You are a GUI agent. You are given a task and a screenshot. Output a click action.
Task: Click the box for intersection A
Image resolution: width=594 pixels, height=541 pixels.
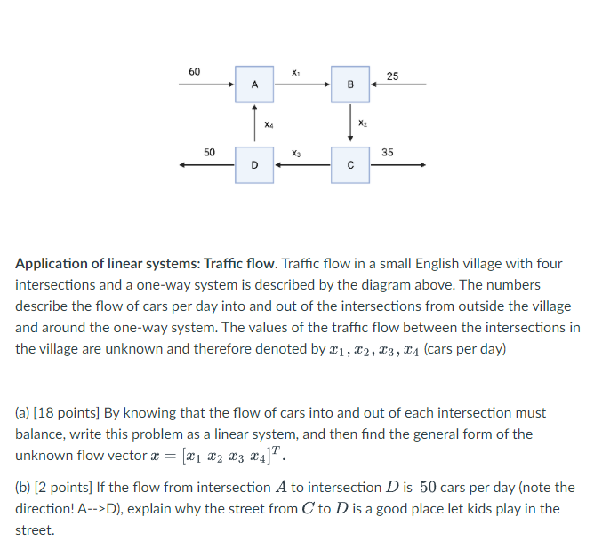(254, 84)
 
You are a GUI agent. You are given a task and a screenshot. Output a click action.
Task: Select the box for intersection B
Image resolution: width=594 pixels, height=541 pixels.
(350, 84)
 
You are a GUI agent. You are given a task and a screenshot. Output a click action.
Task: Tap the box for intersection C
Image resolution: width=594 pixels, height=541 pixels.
(350, 165)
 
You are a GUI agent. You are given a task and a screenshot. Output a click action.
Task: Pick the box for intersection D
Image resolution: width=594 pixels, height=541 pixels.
(254, 165)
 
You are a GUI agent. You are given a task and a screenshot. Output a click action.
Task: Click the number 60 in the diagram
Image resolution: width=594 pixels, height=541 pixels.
(195, 70)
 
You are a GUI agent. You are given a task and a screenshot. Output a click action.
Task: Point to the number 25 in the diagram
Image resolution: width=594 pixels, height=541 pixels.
(392, 76)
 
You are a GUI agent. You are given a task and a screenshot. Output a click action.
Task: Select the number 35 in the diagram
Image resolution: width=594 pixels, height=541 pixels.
(388, 153)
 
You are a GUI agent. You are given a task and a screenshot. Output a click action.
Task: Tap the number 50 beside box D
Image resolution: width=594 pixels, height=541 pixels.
(209, 153)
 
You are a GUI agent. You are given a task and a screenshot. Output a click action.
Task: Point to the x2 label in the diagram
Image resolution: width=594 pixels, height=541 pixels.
(362, 123)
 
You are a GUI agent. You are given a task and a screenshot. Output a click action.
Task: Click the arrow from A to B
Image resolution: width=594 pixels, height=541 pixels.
(302, 84)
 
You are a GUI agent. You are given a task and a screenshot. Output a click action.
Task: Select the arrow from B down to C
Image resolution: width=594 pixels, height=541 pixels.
(350, 124)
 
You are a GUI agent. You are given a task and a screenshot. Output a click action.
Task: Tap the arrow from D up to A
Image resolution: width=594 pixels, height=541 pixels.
(254, 124)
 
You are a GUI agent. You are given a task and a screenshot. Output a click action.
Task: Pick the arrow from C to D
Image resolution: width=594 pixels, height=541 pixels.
(302, 165)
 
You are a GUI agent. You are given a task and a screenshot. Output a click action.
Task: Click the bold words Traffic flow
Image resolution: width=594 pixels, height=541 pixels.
(238, 264)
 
